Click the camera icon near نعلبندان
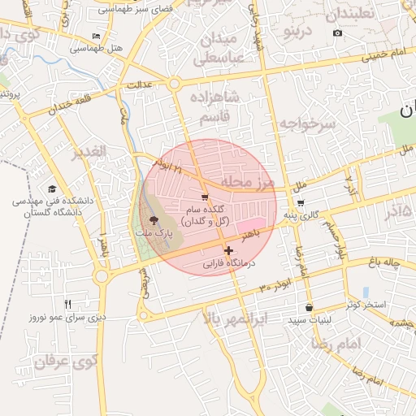(x=338, y=33)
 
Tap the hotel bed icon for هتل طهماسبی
(x=97, y=37)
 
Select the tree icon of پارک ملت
(x=154, y=220)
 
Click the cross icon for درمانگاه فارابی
(x=228, y=250)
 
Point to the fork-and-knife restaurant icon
(x=67, y=304)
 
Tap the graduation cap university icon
(x=52, y=188)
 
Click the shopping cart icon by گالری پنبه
(x=301, y=204)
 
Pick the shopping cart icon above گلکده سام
(x=205, y=197)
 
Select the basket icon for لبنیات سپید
(x=309, y=308)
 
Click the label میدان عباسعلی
(x=217, y=49)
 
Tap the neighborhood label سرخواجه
(x=308, y=123)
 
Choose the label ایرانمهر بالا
(x=236, y=318)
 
